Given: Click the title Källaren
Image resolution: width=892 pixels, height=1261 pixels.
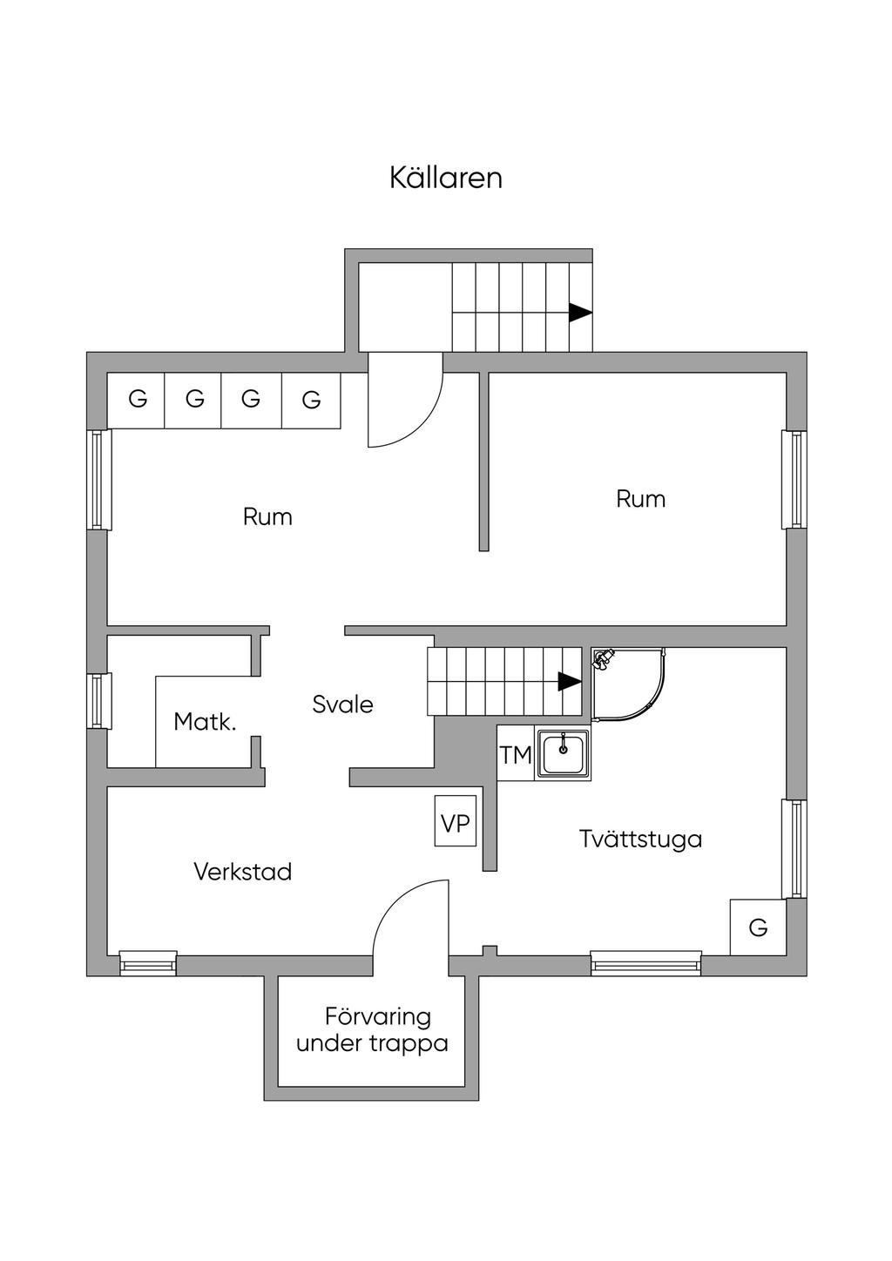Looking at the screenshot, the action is [x=445, y=178].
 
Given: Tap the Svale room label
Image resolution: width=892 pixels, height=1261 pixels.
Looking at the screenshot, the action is [x=342, y=705].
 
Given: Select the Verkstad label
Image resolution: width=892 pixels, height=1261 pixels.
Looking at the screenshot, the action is [x=243, y=872].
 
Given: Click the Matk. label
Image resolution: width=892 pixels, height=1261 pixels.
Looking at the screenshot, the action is [x=205, y=722].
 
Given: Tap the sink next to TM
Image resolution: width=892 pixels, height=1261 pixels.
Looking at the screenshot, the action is [x=563, y=753].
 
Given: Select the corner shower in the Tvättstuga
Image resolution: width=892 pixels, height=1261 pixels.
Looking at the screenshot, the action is [x=628, y=684].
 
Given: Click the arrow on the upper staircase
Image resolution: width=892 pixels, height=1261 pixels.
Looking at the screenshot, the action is [x=580, y=313].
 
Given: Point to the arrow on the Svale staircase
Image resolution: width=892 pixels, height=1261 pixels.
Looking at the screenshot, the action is [x=570, y=681].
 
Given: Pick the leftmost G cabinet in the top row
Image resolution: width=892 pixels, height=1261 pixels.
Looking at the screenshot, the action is [x=136, y=401].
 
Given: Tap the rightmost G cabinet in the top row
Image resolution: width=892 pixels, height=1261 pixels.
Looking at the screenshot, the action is [x=311, y=401].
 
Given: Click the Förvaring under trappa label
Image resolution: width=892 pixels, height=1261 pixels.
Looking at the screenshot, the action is [x=372, y=1031].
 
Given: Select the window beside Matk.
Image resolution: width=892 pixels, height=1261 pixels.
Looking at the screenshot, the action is [x=99, y=701].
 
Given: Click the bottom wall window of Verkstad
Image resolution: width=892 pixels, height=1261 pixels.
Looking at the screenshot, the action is [x=148, y=963].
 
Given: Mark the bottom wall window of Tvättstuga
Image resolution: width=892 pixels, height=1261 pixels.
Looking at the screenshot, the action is [x=645, y=963].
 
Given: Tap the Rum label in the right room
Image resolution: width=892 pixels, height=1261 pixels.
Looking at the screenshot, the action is [x=640, y=499].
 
